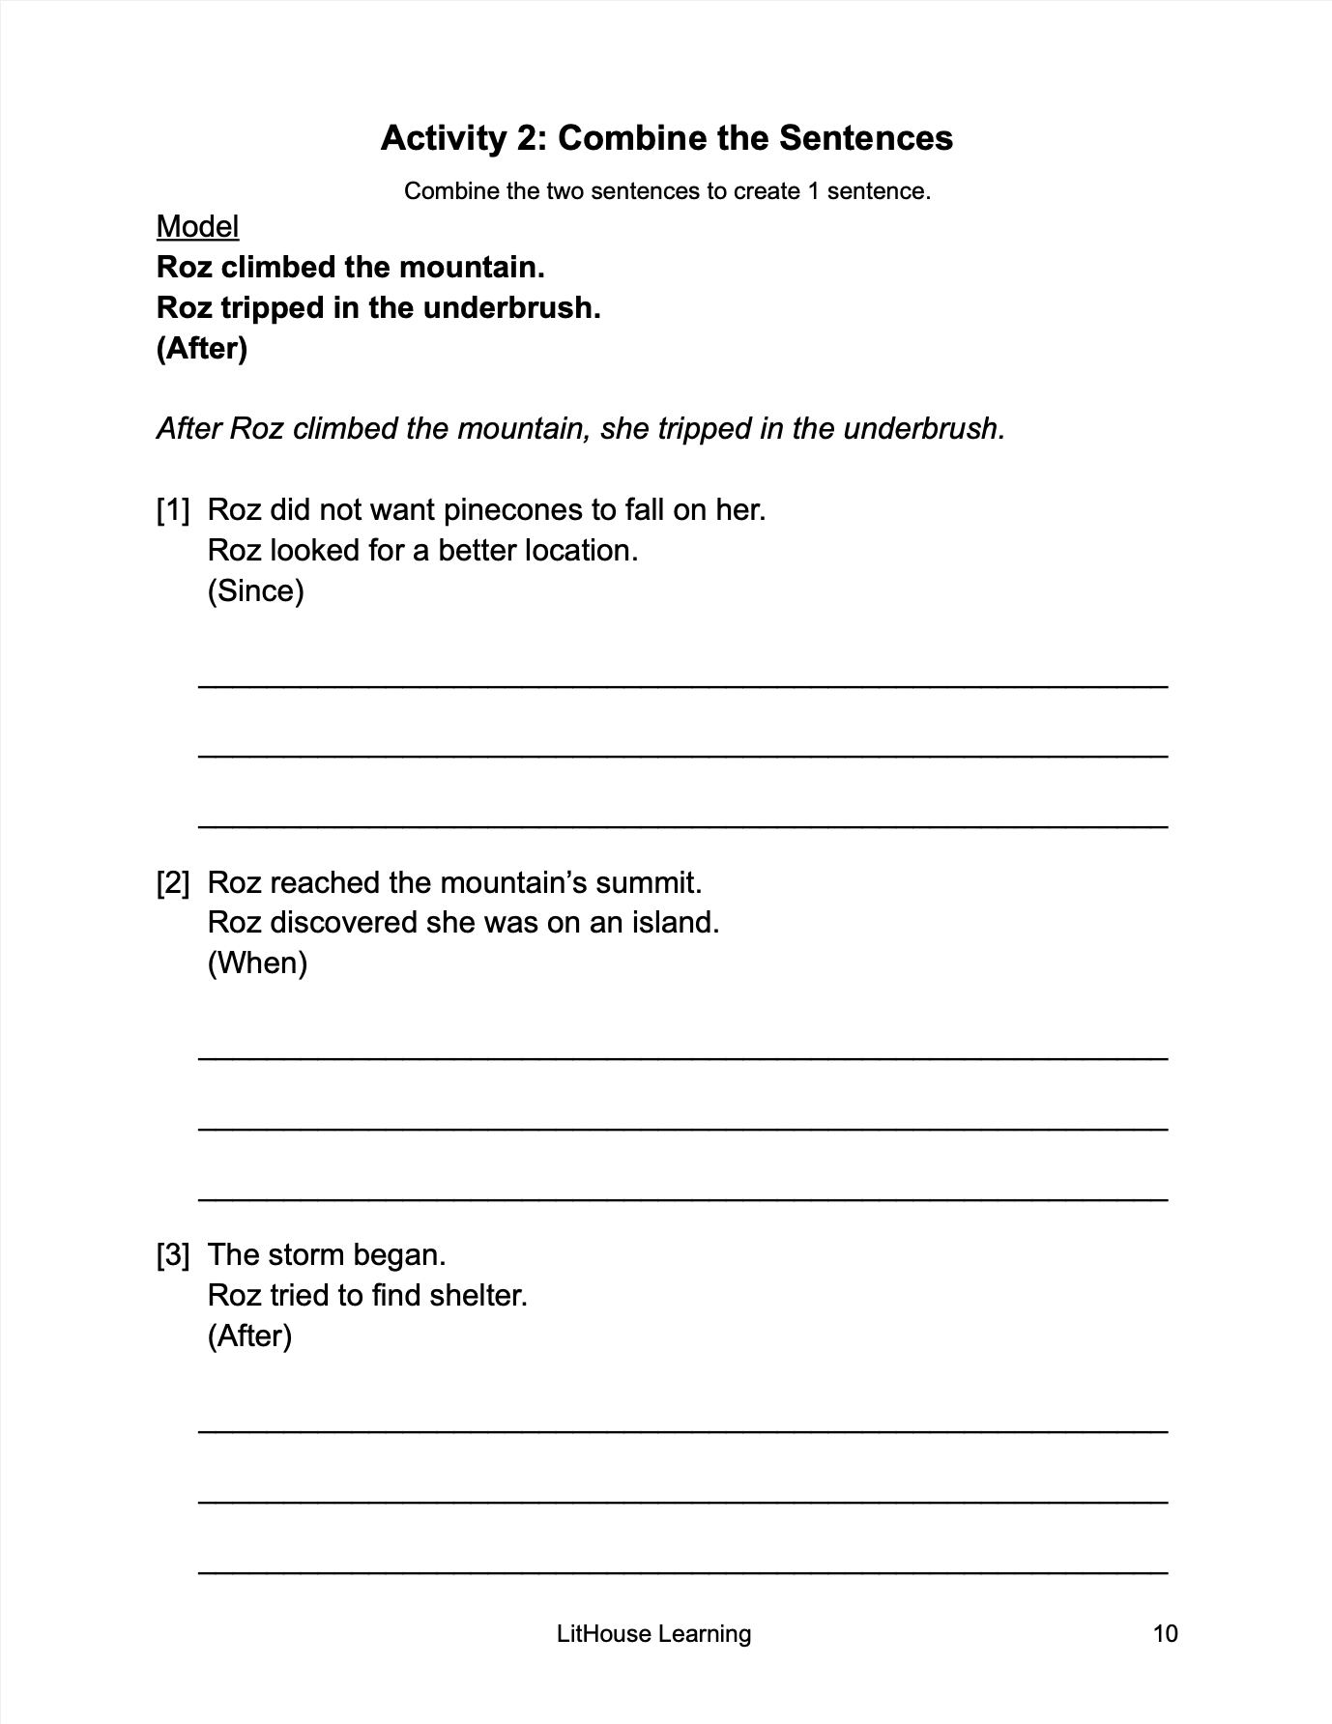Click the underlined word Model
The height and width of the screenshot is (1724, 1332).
197,226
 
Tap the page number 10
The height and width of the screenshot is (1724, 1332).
1166,1633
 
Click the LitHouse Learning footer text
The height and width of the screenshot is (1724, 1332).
653,1633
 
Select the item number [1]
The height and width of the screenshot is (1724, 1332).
173,510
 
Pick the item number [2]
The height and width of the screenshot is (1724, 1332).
173,882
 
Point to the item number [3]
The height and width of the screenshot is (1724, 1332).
173,1254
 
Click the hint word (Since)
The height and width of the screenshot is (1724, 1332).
256,590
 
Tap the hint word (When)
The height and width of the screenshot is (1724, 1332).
257,963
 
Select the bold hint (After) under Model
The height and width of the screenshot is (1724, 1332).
202,348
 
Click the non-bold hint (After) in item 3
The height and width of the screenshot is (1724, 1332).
249,1336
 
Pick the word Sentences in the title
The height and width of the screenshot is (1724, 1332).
866,138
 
